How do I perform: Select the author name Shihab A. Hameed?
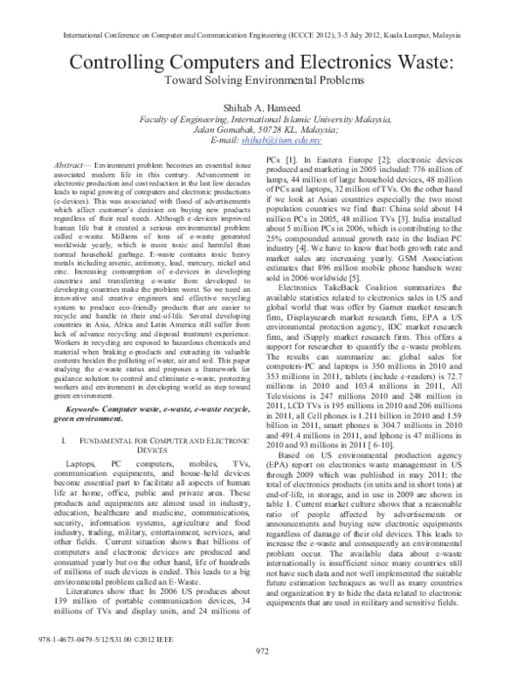[262, 104]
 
